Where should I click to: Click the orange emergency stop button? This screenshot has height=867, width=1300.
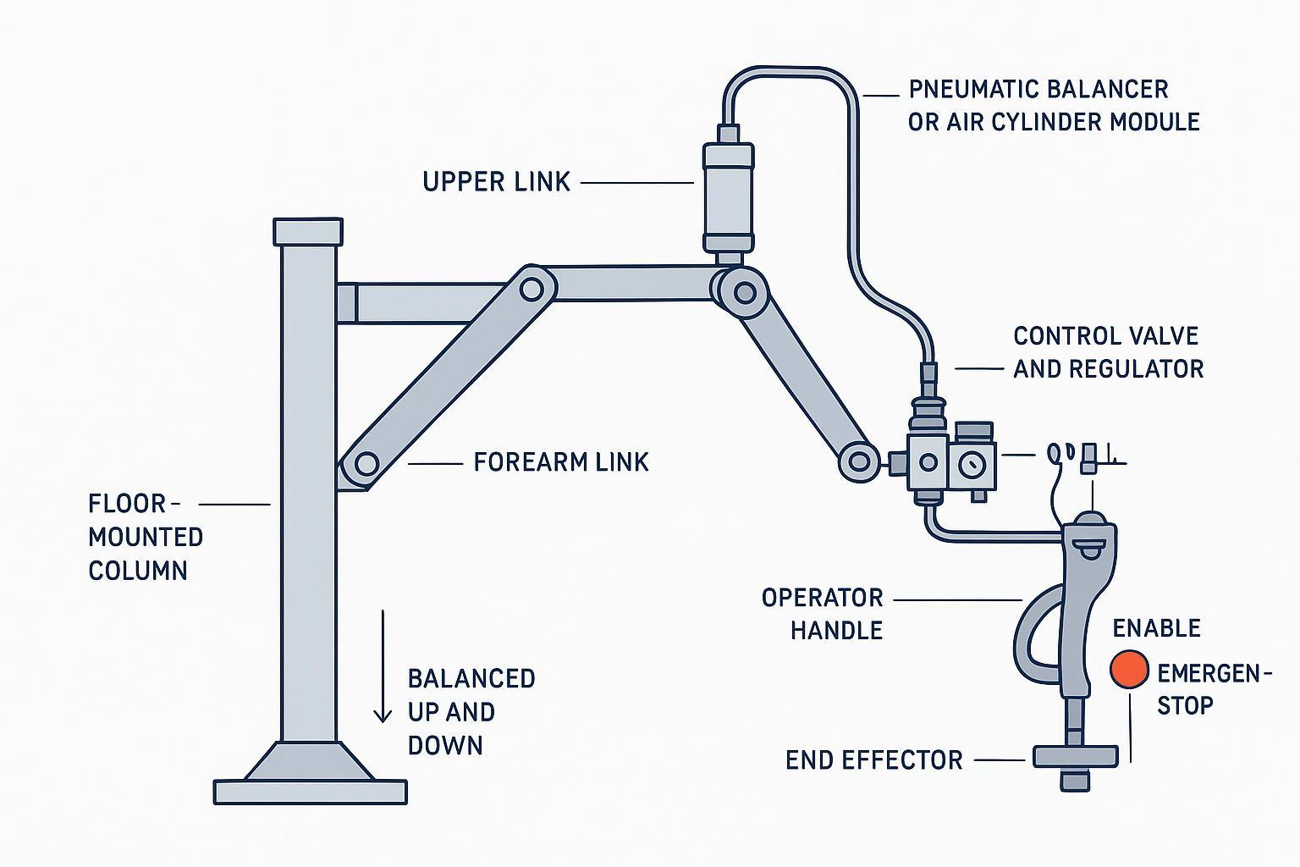1128,668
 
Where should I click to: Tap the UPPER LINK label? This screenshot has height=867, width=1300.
497,182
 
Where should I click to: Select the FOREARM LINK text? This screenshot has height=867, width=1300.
560,462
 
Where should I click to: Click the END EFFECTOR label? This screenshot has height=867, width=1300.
873,760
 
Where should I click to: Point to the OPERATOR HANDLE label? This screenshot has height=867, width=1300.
823,614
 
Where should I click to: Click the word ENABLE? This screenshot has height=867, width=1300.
1156,628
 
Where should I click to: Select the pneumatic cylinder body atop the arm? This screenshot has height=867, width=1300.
728,196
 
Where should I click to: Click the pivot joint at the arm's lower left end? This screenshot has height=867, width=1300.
366,464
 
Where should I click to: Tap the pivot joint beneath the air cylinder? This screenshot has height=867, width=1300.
745,293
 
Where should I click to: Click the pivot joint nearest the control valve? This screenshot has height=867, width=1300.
859,462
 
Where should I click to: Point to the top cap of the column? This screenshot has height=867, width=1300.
308,231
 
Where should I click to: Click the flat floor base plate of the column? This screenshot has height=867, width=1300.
311,792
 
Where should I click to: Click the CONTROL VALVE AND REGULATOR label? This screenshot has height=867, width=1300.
1107,352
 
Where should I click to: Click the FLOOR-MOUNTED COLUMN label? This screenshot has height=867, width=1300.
146,537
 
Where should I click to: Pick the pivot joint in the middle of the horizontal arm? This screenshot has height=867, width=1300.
532,290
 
